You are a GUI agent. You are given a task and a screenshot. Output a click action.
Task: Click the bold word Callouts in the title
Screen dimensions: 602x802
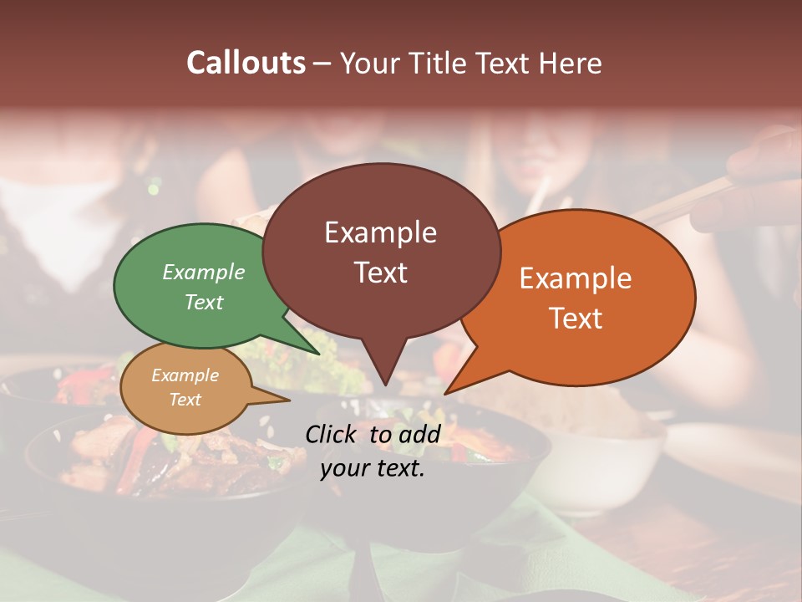tap(246, 63)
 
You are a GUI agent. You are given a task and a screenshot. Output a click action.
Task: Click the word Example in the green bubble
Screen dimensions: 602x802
tap(204, 273)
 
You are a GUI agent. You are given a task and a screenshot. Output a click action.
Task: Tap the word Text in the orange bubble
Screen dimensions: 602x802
tap(576, 319)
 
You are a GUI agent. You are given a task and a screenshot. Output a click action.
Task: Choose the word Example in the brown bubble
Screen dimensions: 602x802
tap(380, 232)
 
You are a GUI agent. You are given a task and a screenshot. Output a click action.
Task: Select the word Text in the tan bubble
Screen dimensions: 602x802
tap(185, 400)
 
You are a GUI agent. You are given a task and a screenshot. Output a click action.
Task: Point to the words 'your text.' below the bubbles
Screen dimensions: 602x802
tap(373, 469)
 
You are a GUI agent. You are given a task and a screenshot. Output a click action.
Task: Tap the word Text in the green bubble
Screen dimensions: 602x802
tap(204, 303)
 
